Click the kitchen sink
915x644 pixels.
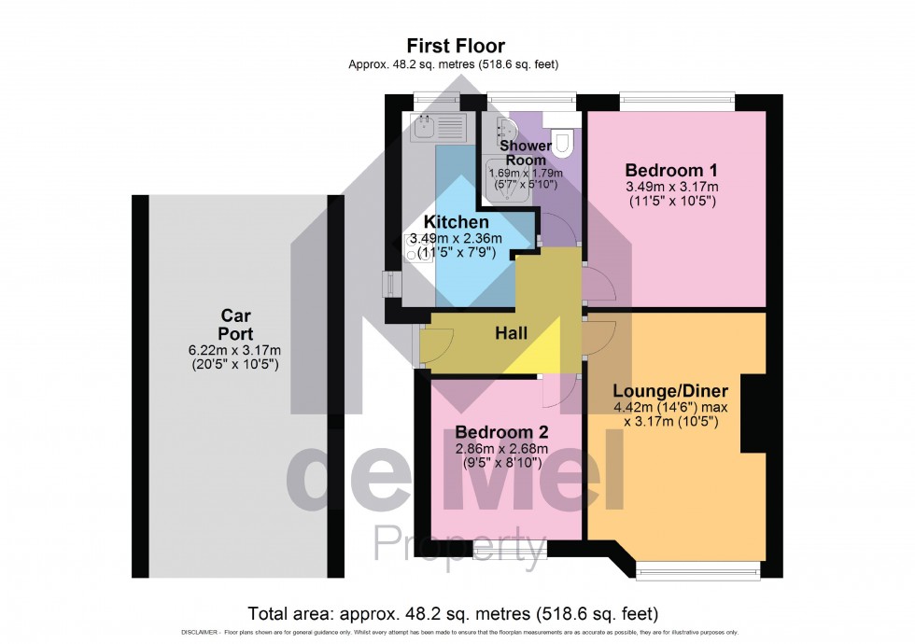tap(438, 126)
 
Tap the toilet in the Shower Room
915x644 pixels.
tap(562, 139)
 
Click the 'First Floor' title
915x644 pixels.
tap(456, 46)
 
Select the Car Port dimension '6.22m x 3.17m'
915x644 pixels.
tap(234, 350)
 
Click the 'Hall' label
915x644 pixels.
tap(511, 333)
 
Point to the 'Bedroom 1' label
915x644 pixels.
tap(670, 171)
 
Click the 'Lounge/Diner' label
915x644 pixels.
tap(670, 390)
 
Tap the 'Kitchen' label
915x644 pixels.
tap(456, 222)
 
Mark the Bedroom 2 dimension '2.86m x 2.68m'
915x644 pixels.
tap(500, 449)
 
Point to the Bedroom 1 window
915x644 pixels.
tap(675, 97)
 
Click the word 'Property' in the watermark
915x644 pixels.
tap(460, 543)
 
